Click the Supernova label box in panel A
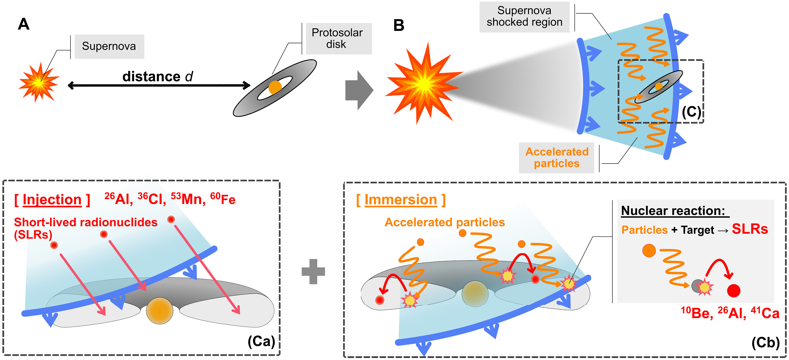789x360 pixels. (x=109, y=46)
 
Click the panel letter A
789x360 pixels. (x=24, y=24)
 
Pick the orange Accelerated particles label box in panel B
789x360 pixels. (x=557, y=158)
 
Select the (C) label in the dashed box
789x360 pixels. (x=691, y=112)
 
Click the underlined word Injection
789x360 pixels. (x=52, y=200)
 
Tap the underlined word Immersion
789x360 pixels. (x=401, y=200)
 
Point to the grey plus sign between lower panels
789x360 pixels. (x=313, y=271)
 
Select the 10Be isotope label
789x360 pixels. (x=696, y=313)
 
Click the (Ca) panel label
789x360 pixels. (x=261, y=341)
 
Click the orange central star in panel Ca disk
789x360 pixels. (x=160, y=311)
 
